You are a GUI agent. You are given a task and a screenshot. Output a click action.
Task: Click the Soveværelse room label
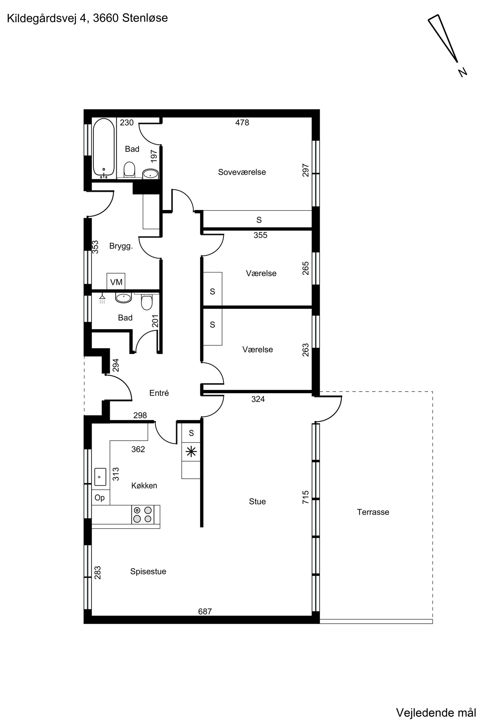tap(242, 172)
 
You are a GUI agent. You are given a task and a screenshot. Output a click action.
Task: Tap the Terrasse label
tap(373, 512)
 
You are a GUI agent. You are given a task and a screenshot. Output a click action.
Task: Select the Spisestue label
tap(148, 572)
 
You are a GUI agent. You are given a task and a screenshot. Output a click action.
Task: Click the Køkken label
tap(144, 486)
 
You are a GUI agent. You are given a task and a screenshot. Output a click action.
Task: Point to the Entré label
tap(159, 393)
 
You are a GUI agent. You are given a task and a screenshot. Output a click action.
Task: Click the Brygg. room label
tap(121, 246)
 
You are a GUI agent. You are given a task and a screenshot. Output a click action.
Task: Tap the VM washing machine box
tap(116, 282)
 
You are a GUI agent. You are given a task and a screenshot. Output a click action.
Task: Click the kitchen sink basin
tap(100, 477)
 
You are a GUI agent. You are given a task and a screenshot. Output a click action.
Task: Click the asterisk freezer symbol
tap(191, 452)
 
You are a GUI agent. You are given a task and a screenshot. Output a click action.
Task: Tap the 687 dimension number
tap(205, 611)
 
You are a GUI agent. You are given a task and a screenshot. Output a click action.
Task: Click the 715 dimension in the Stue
tap(306, 497)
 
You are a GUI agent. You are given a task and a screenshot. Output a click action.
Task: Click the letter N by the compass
tap(463, 73)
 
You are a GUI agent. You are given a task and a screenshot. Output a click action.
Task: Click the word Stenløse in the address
tap(145, 18)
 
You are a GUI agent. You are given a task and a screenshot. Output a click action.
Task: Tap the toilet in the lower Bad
tap(147, 302)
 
